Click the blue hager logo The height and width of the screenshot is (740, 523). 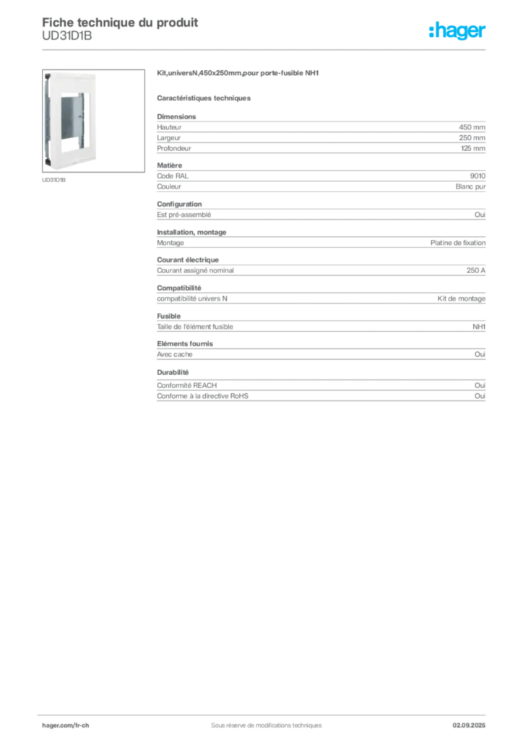(x=459, y=32)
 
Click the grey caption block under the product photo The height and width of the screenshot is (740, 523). (x=55, y=181)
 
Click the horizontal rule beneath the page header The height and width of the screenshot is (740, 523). (x=265, y=49)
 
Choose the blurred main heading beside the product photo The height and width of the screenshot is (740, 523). (x=238, y=74)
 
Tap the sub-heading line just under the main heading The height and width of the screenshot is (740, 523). (x=204, y=98)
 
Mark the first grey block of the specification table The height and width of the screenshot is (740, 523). (x=321, y=132)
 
